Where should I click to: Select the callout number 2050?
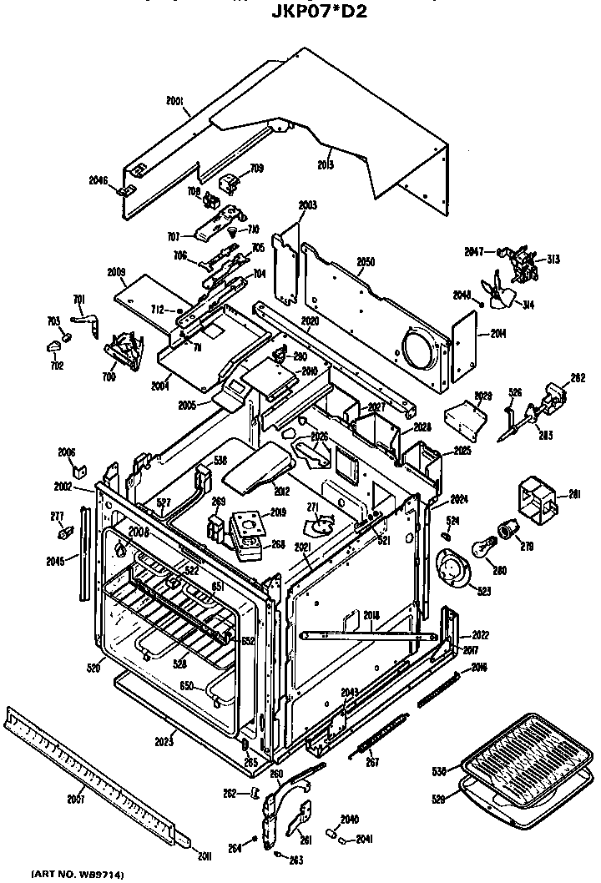point(366,261)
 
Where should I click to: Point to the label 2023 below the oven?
point(164,739)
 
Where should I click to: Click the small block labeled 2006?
point(78,470)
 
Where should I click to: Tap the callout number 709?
point(257,169)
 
